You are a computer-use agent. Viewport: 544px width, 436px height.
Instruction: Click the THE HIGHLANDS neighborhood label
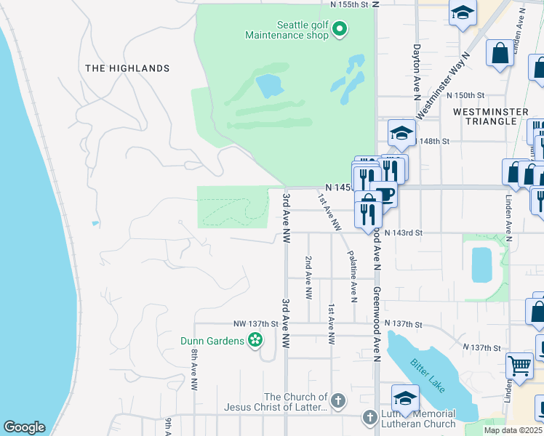tap(127, 68)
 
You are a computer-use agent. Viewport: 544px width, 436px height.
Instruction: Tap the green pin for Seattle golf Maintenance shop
tap(340, 29)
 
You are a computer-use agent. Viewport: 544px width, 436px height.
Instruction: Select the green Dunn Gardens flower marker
tap(255, 340)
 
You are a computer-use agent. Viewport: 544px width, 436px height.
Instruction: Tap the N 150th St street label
tap(465, 95)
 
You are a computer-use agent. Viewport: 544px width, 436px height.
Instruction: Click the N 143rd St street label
tap(404, 233)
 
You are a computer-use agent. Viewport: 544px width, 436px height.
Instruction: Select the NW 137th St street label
tap(256, 323)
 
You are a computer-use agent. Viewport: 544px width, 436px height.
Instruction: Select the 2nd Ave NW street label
tap(309, 278)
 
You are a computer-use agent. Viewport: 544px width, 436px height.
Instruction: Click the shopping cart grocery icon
tap(519, 366)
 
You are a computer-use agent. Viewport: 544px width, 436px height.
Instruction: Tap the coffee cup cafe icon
tap(385, 195)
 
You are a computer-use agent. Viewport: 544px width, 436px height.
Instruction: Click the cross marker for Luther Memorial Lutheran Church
tap(370, 418)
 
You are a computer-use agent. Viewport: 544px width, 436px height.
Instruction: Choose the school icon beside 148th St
tap(401, 132)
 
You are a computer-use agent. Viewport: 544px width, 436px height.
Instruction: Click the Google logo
tap(24, 428)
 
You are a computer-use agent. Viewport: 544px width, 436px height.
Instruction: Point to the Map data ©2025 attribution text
tap(513, 430)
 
